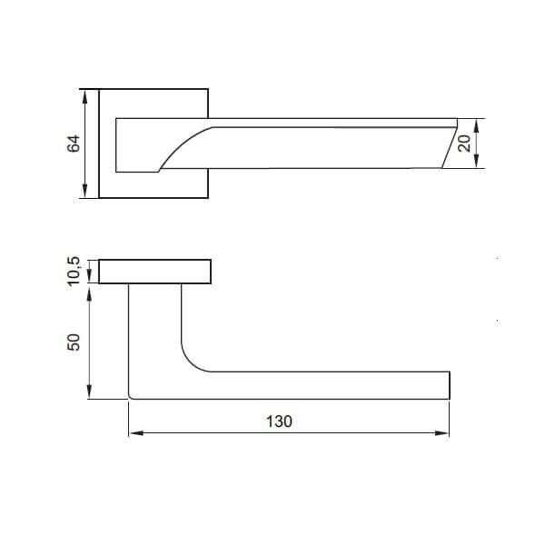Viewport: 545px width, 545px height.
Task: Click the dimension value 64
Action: (x=74, y=143)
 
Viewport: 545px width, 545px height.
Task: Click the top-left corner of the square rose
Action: (x=99, y=89)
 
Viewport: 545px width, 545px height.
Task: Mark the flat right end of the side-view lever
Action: (x=450, y=384)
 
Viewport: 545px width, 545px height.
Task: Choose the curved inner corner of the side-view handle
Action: (x=192, y=361)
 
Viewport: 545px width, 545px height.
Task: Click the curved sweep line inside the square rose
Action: (x=182, y=145)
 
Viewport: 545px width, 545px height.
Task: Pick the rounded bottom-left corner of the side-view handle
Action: (x=132, y=395)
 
